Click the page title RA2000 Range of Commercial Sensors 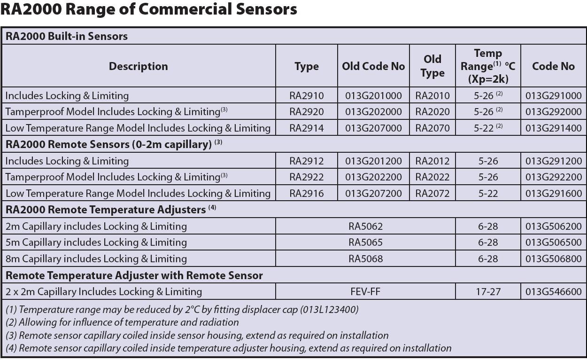click(149, 9)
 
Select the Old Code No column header click(373, 66)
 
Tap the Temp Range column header click(488, 66)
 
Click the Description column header click(139, 66)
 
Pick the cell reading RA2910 click(306, 96)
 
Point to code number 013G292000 click(553, 112)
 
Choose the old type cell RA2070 click(432, 128)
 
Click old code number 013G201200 click(373, 161)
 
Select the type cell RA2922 click(306, 177)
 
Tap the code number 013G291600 click(553, 193)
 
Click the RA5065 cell click(365, 243)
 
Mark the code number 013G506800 click(553, 258)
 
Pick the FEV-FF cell click(365, 291)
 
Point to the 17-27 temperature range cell click(488, 291)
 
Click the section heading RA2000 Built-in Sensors click(67, 36)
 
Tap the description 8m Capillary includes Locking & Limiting click(96, 258)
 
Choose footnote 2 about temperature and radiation click(123, 322)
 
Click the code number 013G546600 click(553, 291)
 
